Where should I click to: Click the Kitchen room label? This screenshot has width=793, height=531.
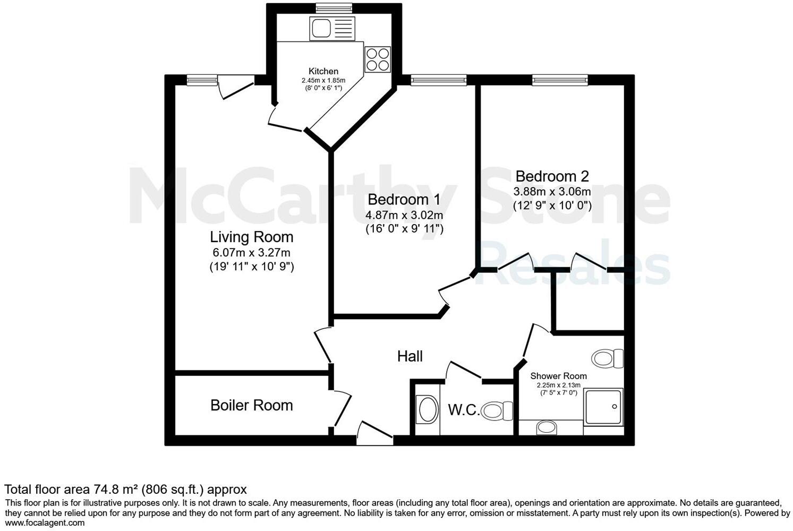(323, 71)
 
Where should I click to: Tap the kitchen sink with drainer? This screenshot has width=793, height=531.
(332, 28)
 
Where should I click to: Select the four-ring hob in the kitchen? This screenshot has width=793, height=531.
(378, 59)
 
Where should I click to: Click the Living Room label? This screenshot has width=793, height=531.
(251, 237)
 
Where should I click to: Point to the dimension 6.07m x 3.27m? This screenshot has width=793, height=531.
(251, 253)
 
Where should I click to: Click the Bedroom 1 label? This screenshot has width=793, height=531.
(404, 200)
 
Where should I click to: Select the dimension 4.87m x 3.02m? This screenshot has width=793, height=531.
(404, 216)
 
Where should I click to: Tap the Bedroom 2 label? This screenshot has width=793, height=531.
(552, 176)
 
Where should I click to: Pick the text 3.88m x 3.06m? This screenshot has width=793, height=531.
(552, 191)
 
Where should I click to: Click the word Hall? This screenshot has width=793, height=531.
(410, 356)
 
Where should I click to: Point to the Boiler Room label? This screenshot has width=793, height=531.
(251, 405)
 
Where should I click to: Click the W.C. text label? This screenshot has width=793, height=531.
(464, 410)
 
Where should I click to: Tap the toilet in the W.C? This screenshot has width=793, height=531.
(498, 410)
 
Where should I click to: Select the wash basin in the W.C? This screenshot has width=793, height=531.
(427, 410)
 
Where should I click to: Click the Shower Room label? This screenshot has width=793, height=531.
(558, 376)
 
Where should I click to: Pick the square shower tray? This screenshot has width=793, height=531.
(603, 406)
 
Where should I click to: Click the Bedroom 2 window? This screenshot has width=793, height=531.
(560, 80)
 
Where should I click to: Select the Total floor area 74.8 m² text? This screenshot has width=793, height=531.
(125, 489)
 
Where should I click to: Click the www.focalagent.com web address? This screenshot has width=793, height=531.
(45, 523)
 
